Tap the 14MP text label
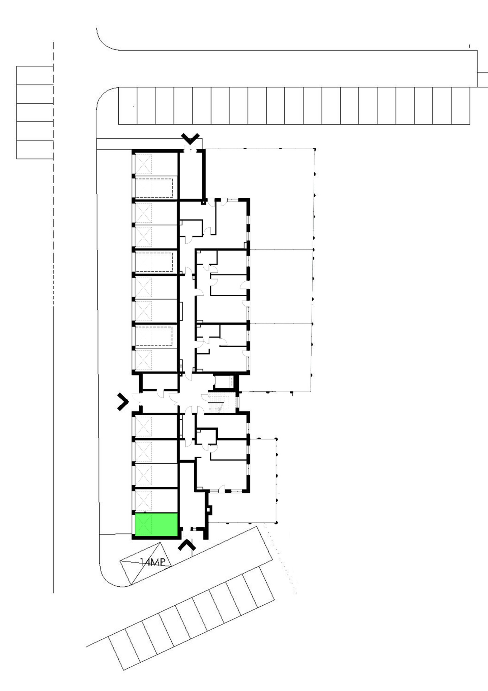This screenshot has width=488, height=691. (152, 562)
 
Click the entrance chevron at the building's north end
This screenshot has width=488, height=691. (190, 138)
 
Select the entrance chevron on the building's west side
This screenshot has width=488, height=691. (123, 402)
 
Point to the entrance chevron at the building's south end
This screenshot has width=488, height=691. (187, 545)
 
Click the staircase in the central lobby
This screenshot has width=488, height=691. (219, 403)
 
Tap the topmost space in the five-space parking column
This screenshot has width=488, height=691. (35, 75)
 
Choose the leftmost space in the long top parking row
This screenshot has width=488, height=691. (128, 106)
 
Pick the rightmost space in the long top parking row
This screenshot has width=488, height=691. (460, 106)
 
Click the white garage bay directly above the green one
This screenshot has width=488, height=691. (156, 500)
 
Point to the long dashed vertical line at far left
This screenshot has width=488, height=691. (53, 317)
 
